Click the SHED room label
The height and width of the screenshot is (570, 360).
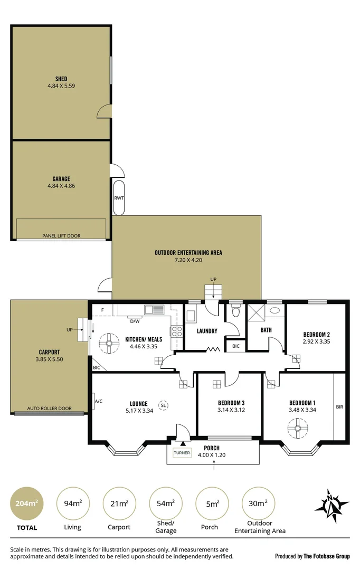61,79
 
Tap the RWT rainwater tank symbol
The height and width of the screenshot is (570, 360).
118,198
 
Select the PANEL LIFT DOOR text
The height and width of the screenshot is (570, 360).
61,236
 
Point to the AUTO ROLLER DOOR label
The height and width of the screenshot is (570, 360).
50,408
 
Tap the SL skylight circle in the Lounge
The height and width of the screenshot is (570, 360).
164,405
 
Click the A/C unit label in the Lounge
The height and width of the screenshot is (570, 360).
98,401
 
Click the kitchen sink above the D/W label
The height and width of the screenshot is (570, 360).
155,311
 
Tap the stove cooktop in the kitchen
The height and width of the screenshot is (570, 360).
175,331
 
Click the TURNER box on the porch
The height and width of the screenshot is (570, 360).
182,453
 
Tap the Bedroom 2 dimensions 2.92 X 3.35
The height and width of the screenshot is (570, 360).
317,341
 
